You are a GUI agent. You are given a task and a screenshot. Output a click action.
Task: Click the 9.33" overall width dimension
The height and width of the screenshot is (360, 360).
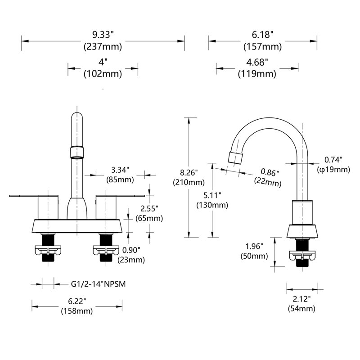[x=103, y=35]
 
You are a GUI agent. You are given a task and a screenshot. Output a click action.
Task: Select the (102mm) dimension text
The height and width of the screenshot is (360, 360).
[x=103, y=74]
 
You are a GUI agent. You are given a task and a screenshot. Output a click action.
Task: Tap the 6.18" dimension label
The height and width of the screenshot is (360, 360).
[x=263, y=35]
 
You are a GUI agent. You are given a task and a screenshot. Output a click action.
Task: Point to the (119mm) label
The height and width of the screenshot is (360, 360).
[x=257, y=74]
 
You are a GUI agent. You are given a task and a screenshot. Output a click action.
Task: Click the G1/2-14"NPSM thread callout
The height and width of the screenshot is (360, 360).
[x=98, y=284]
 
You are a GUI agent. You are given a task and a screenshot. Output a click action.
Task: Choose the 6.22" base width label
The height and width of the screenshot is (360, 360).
[x=77, y=301]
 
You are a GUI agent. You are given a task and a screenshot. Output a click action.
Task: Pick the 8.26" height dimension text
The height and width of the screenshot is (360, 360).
[x=189, y=172]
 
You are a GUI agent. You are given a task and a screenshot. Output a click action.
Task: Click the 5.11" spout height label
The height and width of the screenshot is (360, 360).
[x=212, y=195]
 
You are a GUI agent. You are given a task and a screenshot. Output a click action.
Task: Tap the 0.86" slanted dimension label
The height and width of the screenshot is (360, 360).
[x=270, y=172]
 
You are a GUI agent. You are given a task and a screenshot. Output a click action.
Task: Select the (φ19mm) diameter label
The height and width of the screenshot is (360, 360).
[x=333, y=170]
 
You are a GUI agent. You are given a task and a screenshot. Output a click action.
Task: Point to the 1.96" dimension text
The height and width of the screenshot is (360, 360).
[x=254, y=246]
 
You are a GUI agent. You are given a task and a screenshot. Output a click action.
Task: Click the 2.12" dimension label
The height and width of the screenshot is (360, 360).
[x=301, y=299]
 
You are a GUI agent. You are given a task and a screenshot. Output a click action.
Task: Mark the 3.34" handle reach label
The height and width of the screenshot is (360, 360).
[x=120, y=170]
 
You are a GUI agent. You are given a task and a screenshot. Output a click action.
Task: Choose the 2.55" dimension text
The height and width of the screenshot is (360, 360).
[x=149, y=209]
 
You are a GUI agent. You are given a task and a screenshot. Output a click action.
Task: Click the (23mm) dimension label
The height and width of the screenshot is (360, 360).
[x=131, y=260]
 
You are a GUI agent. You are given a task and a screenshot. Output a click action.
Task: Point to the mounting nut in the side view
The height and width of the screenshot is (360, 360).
[x=302, y=256]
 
